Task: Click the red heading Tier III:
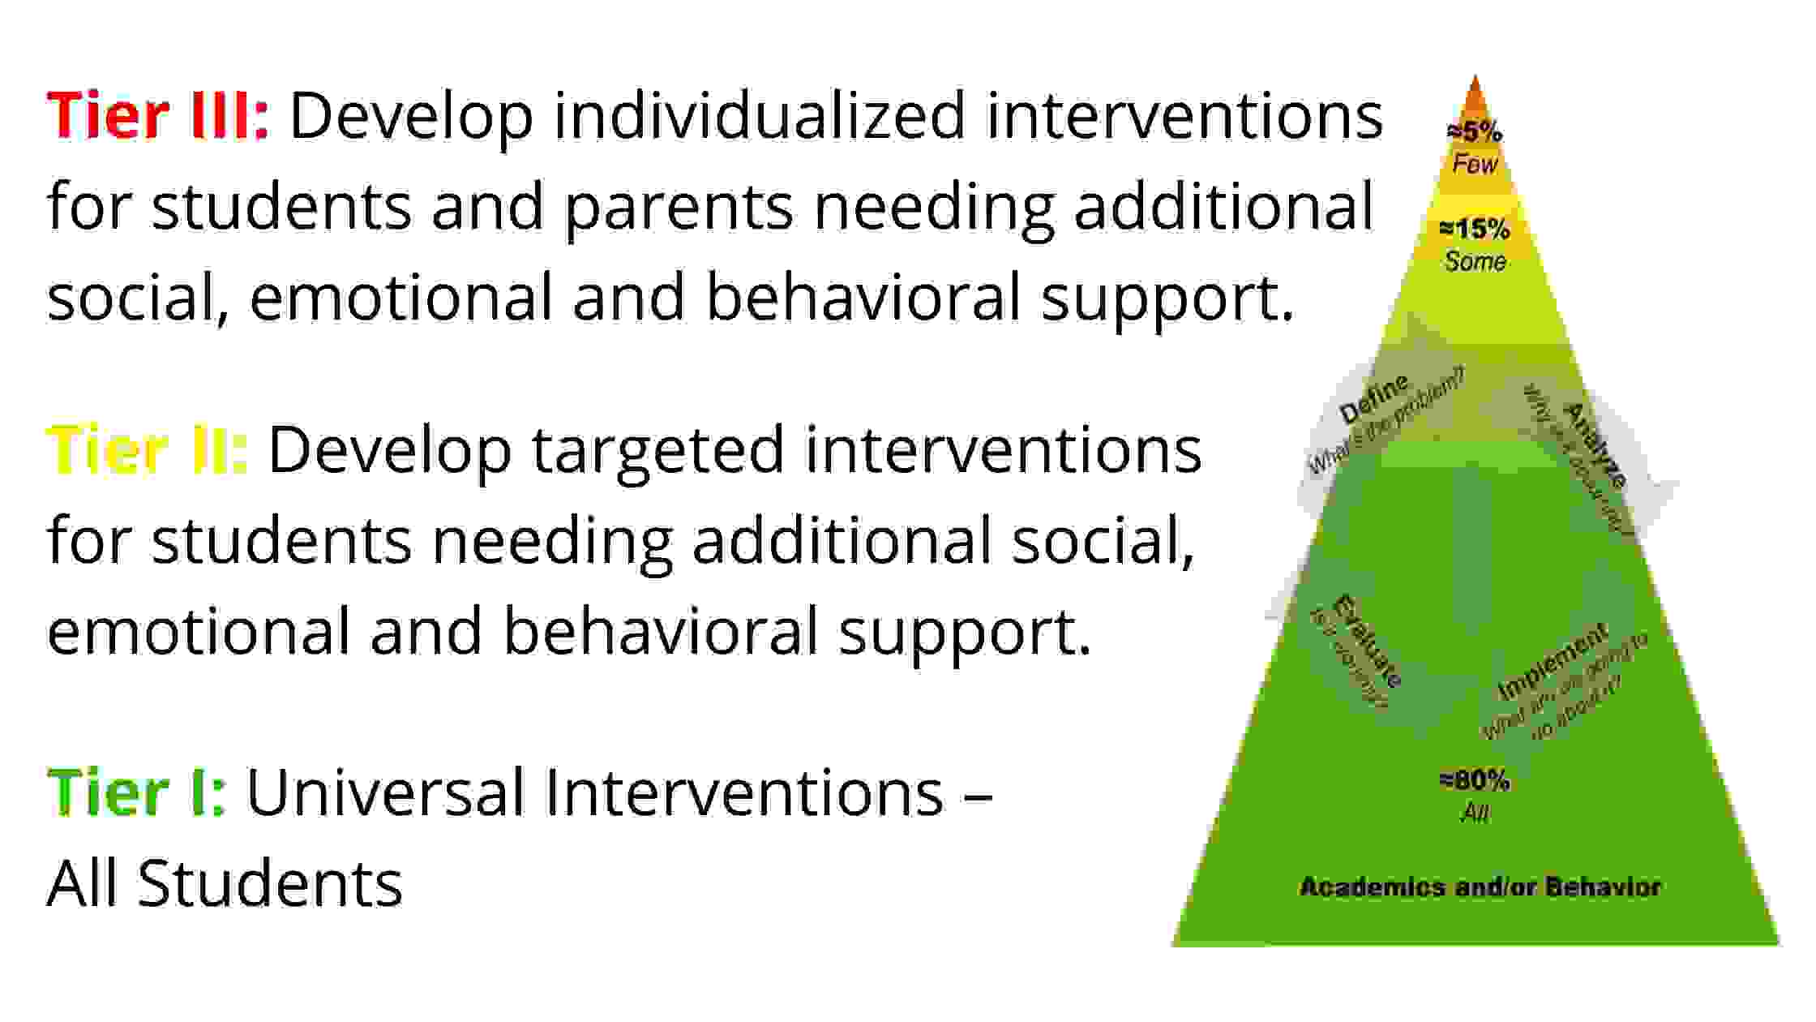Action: (x=157, y=116)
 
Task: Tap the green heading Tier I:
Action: (x=136, y=792)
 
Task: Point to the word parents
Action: (x=678, y=207)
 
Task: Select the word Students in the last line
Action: (x=270, y=883)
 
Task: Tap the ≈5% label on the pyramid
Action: (x=1475, y=131)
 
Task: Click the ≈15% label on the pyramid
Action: (x=1475, y=230)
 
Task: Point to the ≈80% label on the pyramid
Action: (x=1475, y=781)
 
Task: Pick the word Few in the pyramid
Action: (x=1475, y=164)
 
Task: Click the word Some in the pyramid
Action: (x=1475, y=261)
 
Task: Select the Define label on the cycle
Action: (x=1373, y=399)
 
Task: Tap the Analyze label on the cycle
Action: (x=1594, y=444)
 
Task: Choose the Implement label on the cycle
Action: (x=1552, y=662)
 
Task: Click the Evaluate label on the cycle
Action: (x=1366, y=641)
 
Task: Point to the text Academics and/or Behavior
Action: (x=1480, y=887)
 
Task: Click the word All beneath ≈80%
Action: (x=1475, y=813)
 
